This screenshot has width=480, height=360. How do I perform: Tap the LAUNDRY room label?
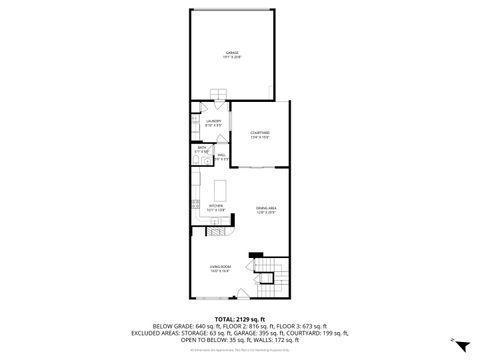pos(213,122)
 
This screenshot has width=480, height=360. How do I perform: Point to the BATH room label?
pos(201,150)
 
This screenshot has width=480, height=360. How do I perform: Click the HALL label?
pos(222,157)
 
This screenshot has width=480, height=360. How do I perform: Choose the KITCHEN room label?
pos(214,209)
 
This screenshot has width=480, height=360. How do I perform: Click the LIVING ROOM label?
pos(221,268)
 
